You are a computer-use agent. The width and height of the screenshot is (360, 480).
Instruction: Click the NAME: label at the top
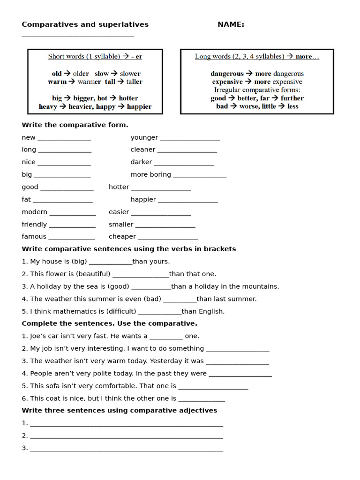pyautogui.click(x=231, y=24)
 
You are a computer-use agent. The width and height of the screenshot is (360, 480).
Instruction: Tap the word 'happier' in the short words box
pyautogui.click(x=139, y=106)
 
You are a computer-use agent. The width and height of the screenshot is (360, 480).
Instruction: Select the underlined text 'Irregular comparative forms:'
pyautogui.click(x=257, y=90)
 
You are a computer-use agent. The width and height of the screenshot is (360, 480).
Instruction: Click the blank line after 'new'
pyautogui.click(x=64, y=138)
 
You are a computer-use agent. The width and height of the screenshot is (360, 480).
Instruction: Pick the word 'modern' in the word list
pyautogui.click(x=34, y=212)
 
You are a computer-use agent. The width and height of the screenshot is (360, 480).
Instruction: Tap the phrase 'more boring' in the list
pyautogui.click(x=150, y=174)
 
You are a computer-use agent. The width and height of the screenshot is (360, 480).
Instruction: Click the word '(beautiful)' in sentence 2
pyautogui.click(x=93, y=274)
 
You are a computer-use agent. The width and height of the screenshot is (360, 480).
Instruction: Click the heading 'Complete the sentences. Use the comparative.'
pyautogui.click(x=109, y=323)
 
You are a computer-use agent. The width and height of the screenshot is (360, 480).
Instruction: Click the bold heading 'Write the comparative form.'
pyautogui.click(x=75, y=125)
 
